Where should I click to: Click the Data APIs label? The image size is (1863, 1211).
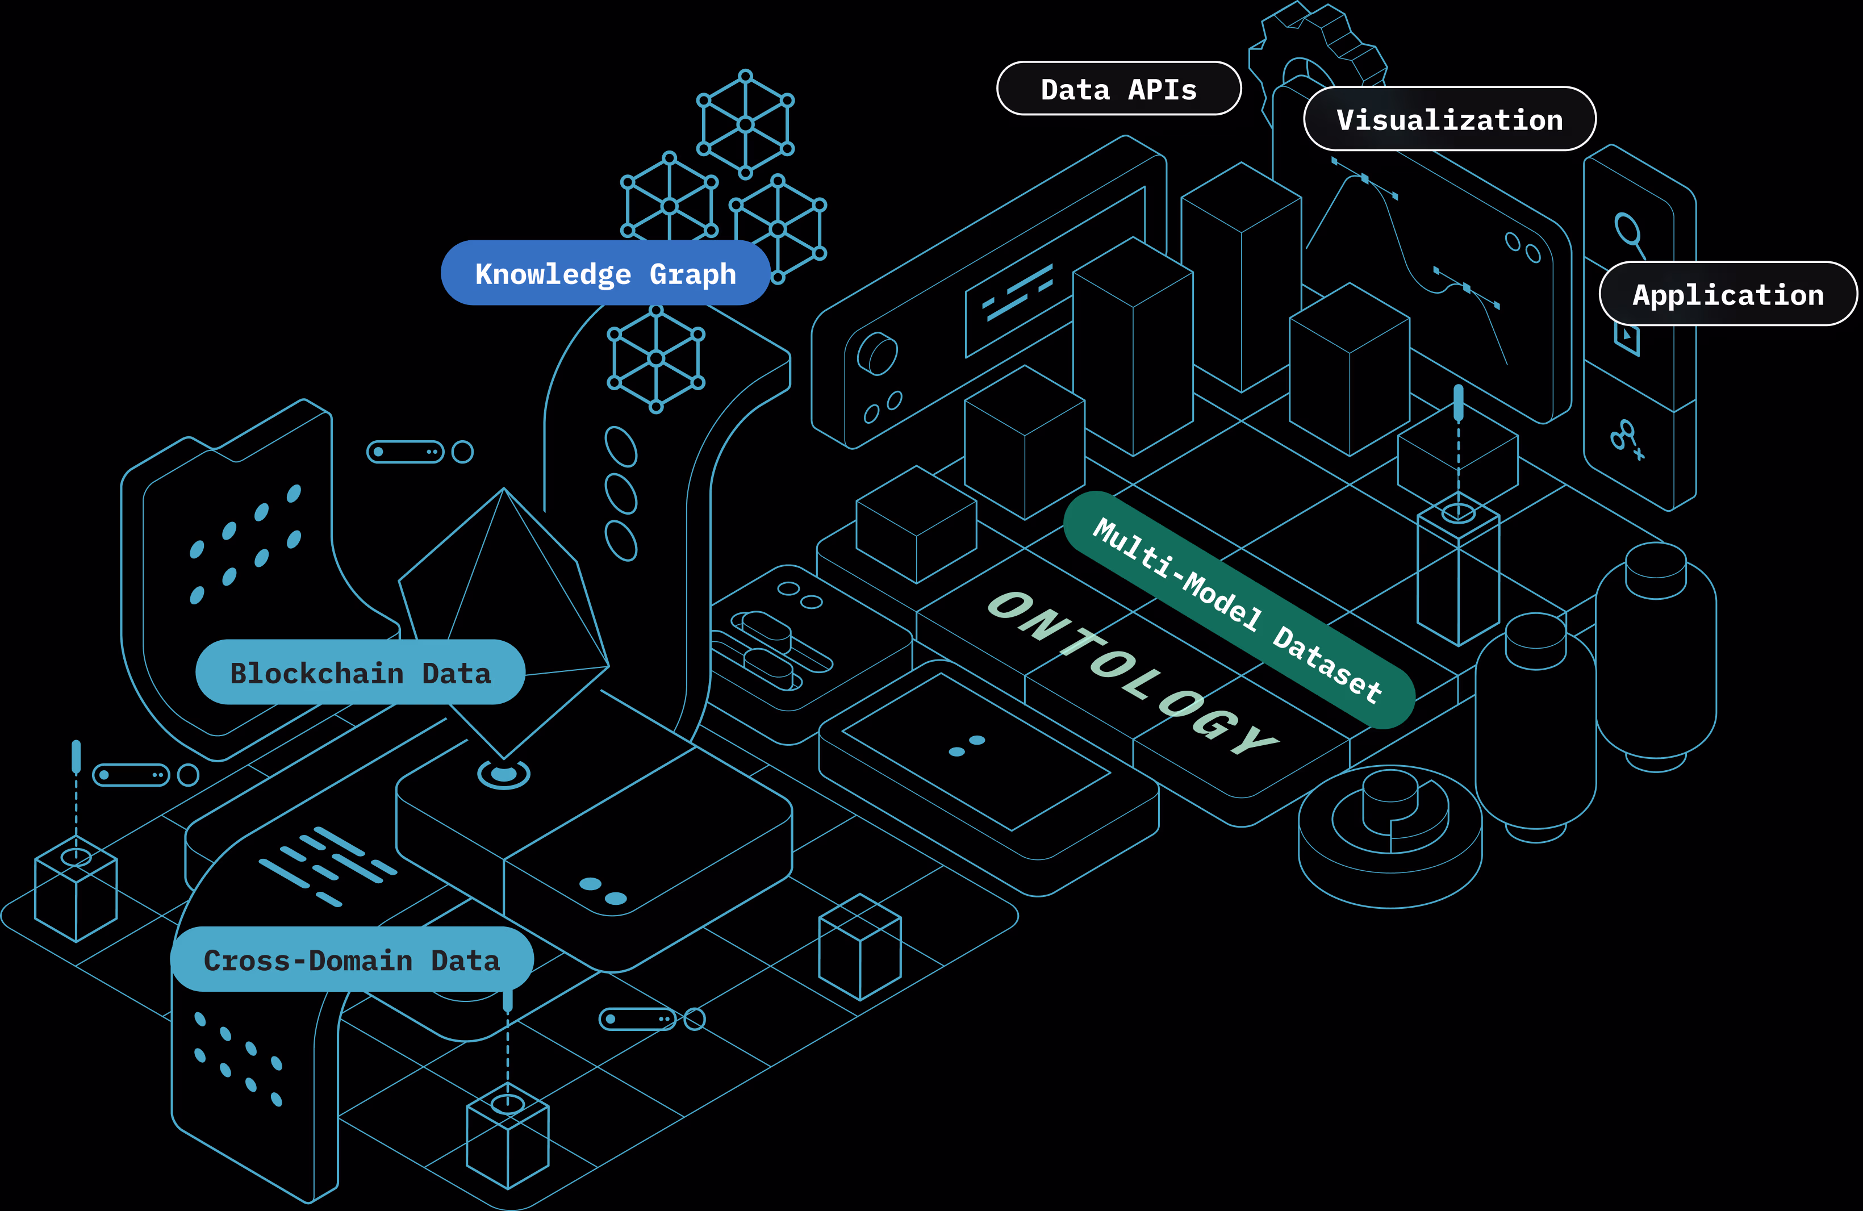[x=1118, y=89]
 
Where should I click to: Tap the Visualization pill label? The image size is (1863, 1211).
[x=1449, y=120]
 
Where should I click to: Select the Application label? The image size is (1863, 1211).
[x=1728, y=294]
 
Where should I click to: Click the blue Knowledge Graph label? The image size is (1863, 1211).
[x=605, y=273]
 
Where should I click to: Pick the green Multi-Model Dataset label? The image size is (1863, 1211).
[x=1238, y=610]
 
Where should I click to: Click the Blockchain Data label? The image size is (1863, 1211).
[x=360, y=673]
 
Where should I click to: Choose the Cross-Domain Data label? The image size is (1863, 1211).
[x=352, y=960]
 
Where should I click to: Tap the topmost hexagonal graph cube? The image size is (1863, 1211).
[x=745, y=124]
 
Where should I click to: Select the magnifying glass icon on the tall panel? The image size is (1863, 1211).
[x=1629, y=232]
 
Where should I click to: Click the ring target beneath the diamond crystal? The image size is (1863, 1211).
[x=503, y=774]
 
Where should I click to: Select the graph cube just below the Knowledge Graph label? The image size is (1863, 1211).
[x=656, y=358]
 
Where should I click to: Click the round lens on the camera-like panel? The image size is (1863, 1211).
[x=878, y=354]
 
